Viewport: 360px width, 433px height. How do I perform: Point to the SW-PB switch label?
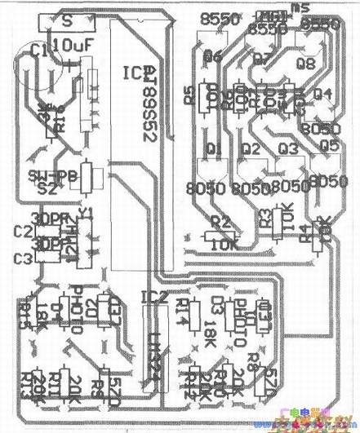46,176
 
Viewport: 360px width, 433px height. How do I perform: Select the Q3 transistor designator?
287,148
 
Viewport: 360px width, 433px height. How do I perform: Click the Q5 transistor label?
328,146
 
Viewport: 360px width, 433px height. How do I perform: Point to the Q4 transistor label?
323,93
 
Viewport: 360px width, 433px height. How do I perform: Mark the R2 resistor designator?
220,221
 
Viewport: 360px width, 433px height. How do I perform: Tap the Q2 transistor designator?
251,149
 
